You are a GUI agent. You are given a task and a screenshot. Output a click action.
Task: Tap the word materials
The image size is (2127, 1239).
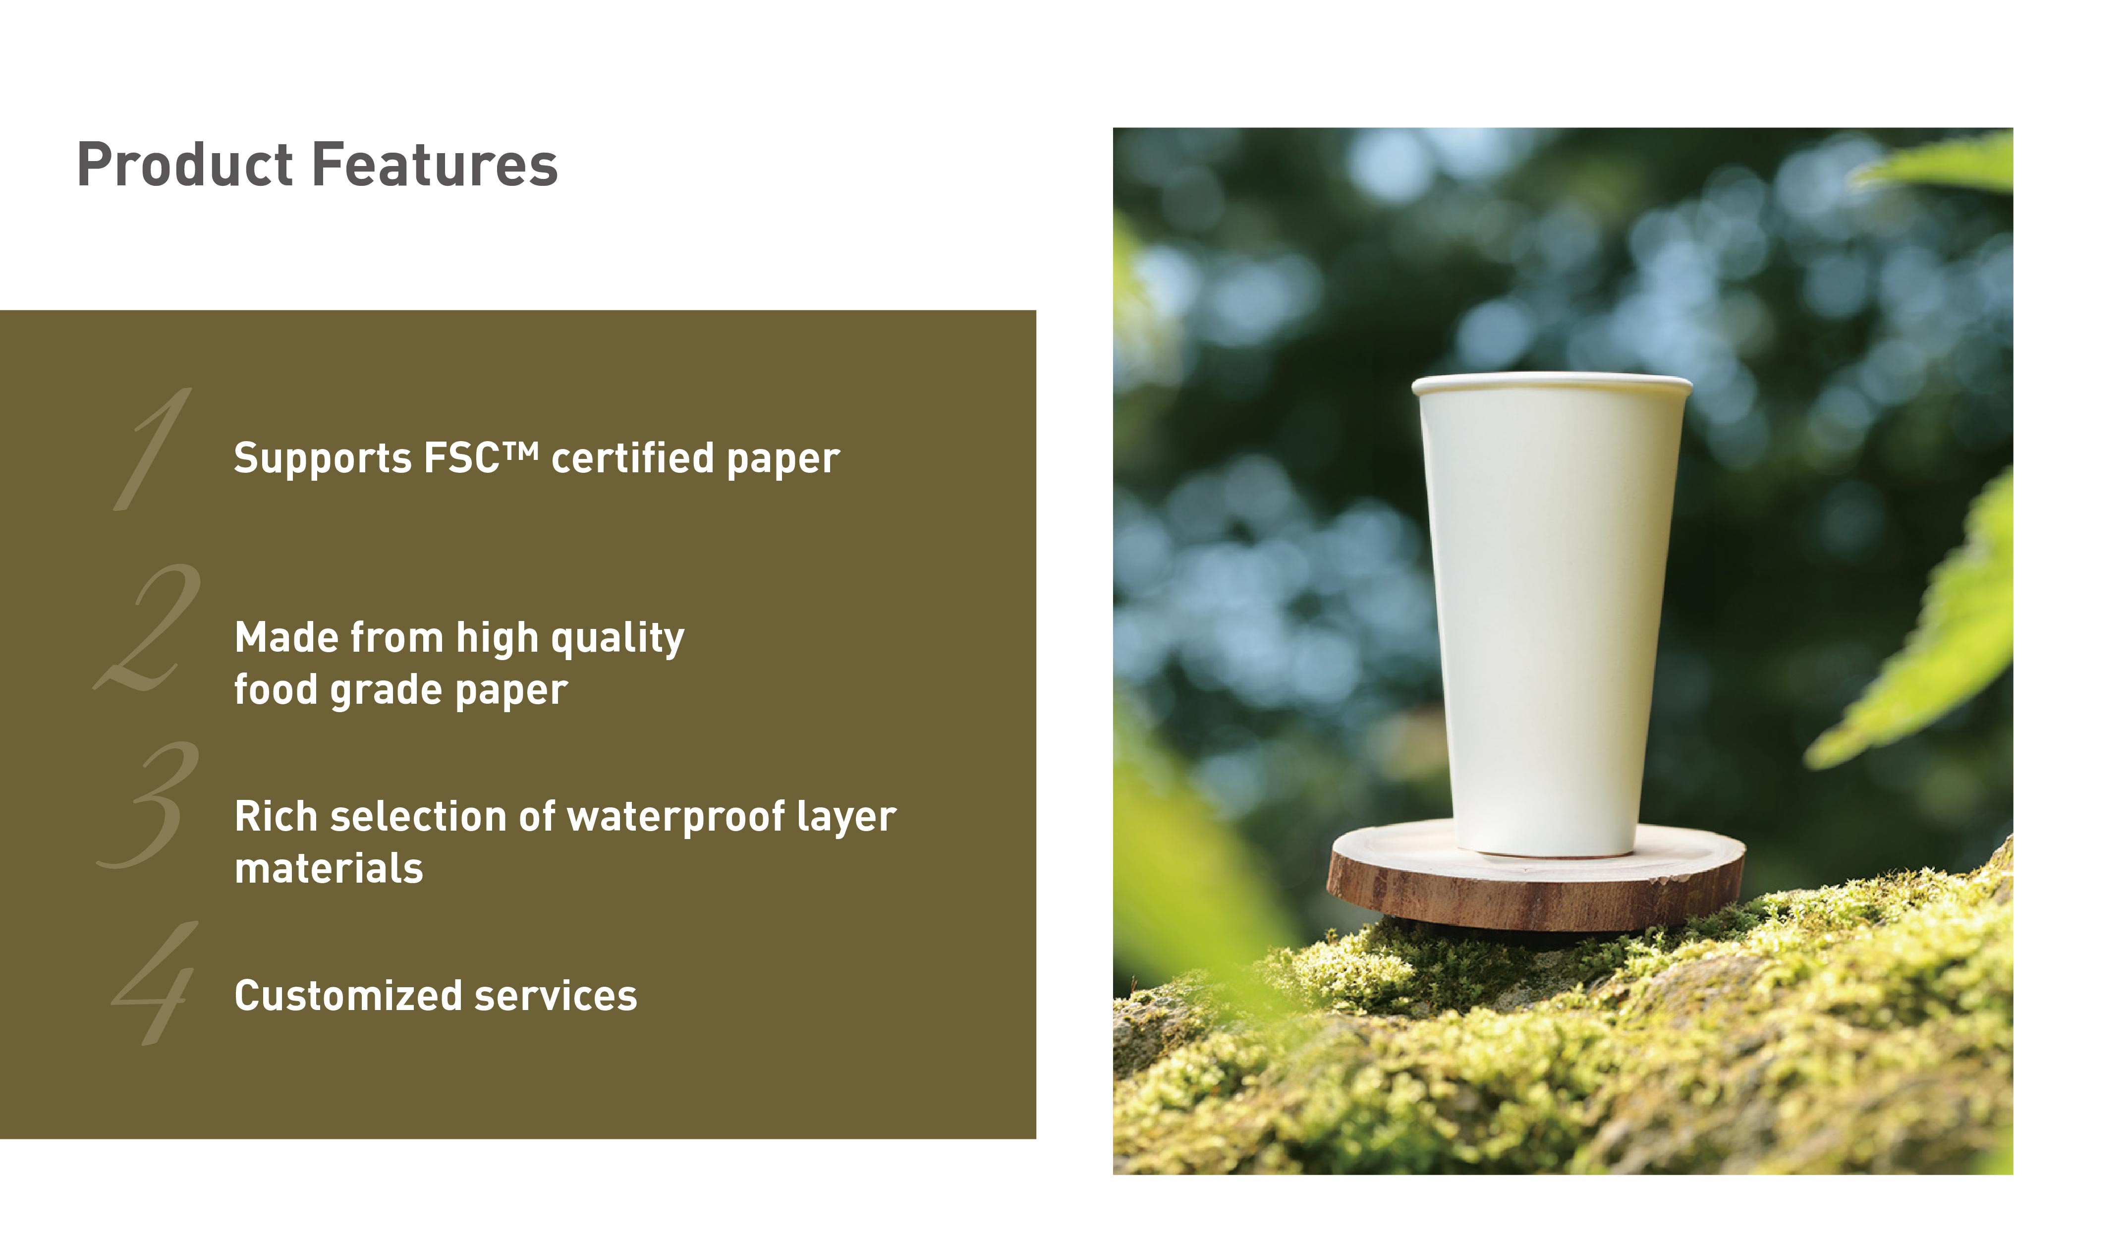[x=329, y=868]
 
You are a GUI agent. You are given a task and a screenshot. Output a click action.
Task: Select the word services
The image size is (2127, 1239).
[x=556, y=997]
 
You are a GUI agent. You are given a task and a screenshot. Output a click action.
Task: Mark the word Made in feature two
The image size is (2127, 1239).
[x=286, y=637]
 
